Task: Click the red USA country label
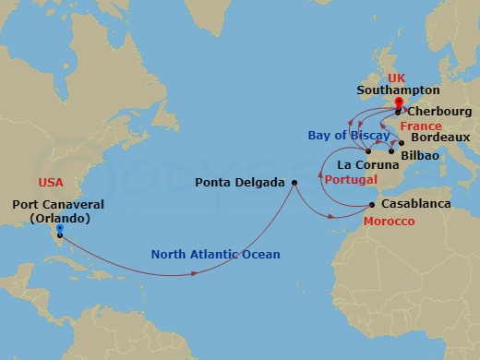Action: click(51, 183)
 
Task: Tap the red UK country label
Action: click(398, 78)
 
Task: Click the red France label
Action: click(421, 125)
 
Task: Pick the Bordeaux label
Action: click(439, 138)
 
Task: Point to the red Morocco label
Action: click(388, 222)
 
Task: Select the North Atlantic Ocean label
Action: click(215, 255)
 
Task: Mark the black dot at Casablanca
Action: click(372, 205)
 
